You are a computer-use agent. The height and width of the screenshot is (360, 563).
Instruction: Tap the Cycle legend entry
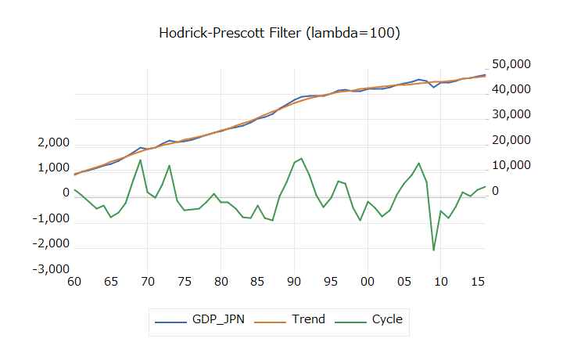387,319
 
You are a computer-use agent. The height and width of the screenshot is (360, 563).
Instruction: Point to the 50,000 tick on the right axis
509,64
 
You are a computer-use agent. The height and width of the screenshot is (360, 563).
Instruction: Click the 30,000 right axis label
509,115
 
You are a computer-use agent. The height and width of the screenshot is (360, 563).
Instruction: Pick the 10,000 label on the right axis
509,166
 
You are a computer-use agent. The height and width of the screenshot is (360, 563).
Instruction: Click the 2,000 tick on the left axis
54,144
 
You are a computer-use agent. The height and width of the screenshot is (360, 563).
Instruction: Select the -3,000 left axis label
52,269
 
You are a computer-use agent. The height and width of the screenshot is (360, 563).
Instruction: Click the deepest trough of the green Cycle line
434,250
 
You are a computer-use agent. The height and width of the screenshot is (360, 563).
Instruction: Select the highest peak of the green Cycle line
302,158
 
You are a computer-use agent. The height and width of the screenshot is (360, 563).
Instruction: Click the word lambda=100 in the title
354,33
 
